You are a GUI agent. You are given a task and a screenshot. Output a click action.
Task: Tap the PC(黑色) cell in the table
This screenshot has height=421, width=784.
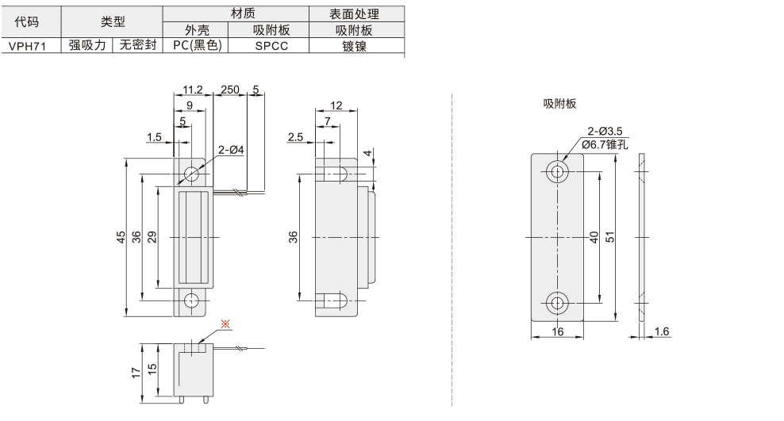pyautogui.click(x=196, y=47)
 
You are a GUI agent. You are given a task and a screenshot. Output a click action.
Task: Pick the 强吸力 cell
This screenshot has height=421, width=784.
pyautogui.click(x=86, y=47)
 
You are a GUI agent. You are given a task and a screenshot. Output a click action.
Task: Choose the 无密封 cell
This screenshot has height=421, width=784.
pyautogui.click(x=138, y=47)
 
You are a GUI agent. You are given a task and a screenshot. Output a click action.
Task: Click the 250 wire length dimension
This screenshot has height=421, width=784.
pyautogui.click(x=230, y=89)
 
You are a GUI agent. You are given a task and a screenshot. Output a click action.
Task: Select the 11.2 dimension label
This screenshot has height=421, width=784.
pyautogui.click(x=193, y=89)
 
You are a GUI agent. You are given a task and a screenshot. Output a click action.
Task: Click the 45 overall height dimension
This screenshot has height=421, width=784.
pyautogui.click(x=121, y=237)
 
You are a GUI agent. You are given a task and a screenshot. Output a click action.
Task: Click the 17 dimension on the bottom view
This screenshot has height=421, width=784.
pyautogui.click(x=136, y=370)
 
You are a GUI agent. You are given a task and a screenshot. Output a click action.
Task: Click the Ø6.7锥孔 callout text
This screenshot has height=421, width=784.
pyautogui.click(x=605, y=144)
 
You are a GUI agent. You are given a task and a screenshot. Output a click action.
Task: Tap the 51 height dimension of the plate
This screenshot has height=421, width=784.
pyautogui.click(x=621, y=237)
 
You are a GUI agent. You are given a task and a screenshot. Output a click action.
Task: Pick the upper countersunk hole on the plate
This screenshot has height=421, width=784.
pyautogui.click(x=557, y=172)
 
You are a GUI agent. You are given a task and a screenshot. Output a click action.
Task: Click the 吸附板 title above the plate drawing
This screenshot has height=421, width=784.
pyautogui.click(x=559, y=104)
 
